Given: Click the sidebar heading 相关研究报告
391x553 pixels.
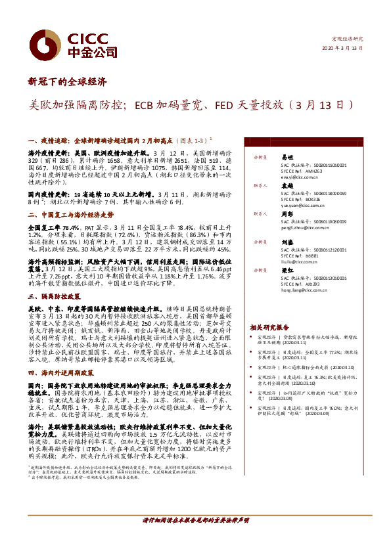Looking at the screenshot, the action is pos(269,326).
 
